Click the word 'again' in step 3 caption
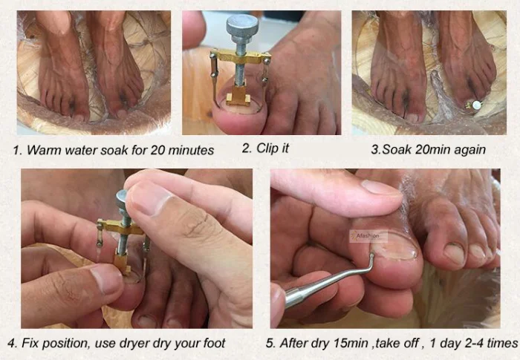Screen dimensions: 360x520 pyautogui.click(x=468, y=150)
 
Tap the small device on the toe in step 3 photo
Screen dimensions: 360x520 pyautogui.click(x=473, y=105)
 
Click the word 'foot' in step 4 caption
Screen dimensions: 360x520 pyautogui.click(x=212, y=344)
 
